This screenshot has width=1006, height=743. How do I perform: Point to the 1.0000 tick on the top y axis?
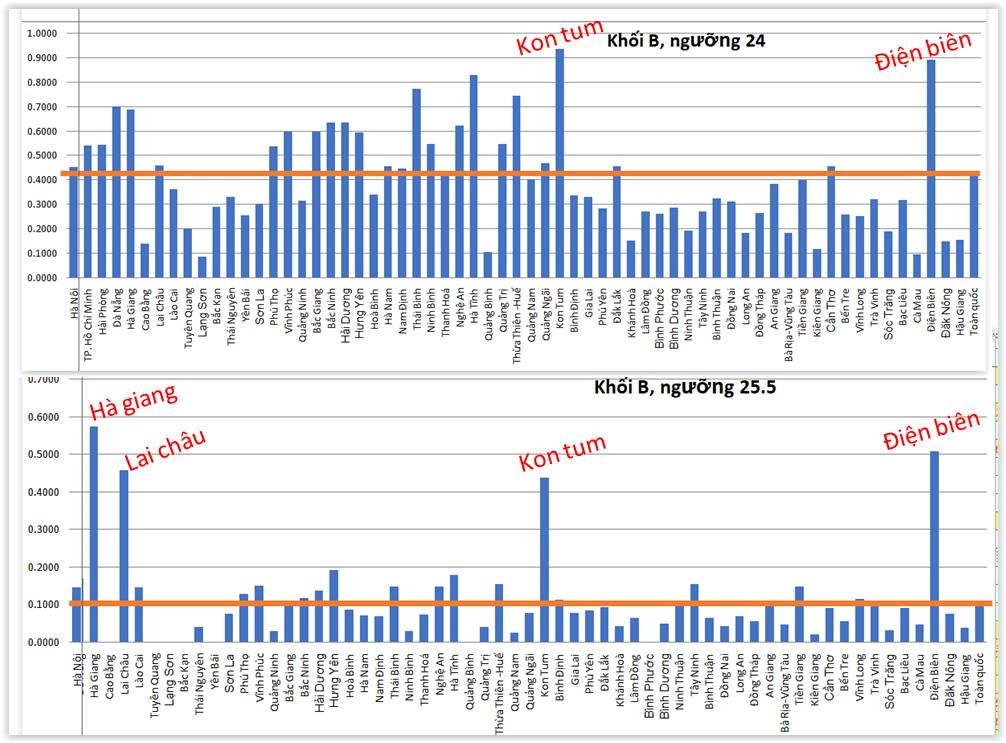click(x=41, y=34)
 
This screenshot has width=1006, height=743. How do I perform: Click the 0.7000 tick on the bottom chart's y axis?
click(x=41, y=380)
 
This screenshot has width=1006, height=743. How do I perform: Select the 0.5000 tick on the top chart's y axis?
click(x=41, y=156)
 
